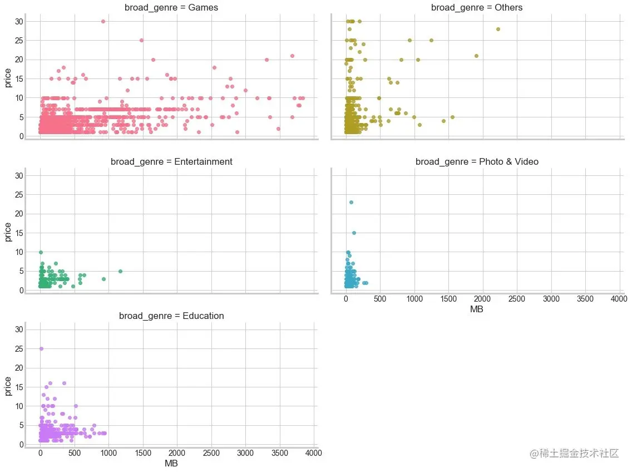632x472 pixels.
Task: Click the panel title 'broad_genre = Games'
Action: tap(171, 8)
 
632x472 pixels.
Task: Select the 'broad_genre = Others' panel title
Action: tap(477, 8)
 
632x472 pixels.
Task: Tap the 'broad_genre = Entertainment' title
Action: tap(171, 162)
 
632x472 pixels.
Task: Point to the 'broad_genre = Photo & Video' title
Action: tap(477, 162)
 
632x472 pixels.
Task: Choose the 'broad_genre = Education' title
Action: tap(171, 316)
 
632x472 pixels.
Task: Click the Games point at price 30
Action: tap(103, 21)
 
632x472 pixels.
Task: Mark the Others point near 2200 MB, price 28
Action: tap(498, 29)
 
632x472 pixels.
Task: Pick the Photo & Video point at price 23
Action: tap(351, 203)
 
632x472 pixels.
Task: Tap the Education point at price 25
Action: tap(41, 349)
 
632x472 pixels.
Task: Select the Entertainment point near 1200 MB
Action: tap(120, 272)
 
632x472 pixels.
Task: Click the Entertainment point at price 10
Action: tap(41, 252)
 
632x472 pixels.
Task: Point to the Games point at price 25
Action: tap(141, 40)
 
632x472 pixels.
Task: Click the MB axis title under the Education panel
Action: tap(171, 463)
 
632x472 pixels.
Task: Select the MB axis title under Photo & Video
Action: tap(477, 309)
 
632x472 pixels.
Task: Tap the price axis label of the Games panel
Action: tap(8, 78)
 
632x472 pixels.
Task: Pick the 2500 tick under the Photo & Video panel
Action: tap(517, 299)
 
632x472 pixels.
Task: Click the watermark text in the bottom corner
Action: tap(574, 454)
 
